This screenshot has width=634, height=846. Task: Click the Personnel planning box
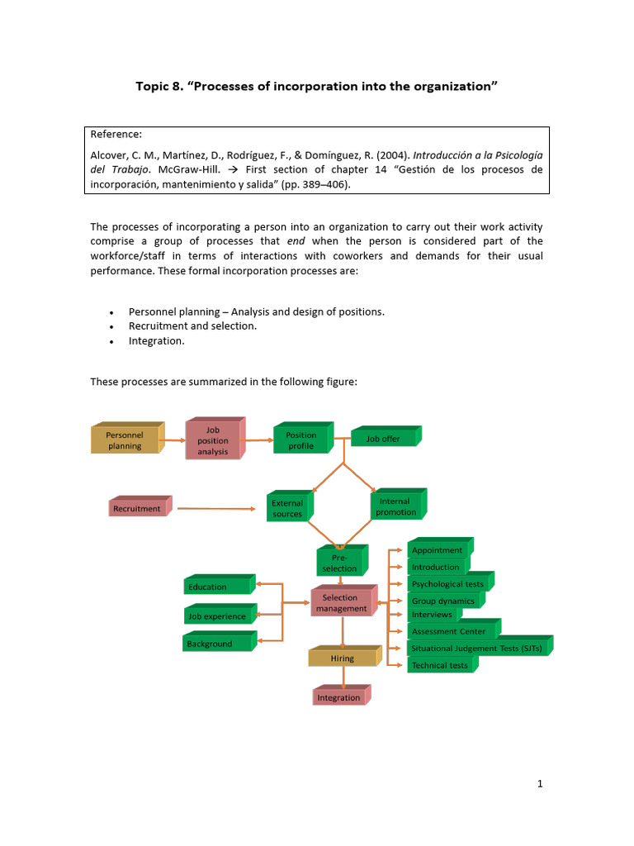125,440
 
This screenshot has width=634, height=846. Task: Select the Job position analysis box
212,440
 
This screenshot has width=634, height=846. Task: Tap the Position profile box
300,440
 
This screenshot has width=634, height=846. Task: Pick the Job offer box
383,439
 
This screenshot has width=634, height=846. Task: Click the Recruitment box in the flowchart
137,509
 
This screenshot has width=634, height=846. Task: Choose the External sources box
287,508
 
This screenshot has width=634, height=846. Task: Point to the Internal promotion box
396,506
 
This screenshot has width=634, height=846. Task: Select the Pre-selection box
339,563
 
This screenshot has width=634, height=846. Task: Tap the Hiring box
343,658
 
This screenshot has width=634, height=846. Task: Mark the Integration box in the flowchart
338,697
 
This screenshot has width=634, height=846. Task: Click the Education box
217,587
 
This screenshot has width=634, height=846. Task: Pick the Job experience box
218,616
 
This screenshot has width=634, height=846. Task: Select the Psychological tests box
447,584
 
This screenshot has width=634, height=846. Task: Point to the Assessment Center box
451,631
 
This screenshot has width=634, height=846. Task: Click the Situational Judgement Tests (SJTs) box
477,649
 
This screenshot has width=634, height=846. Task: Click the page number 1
540,784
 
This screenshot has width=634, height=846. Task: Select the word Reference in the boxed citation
116,134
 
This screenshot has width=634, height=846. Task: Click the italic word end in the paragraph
296,241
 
